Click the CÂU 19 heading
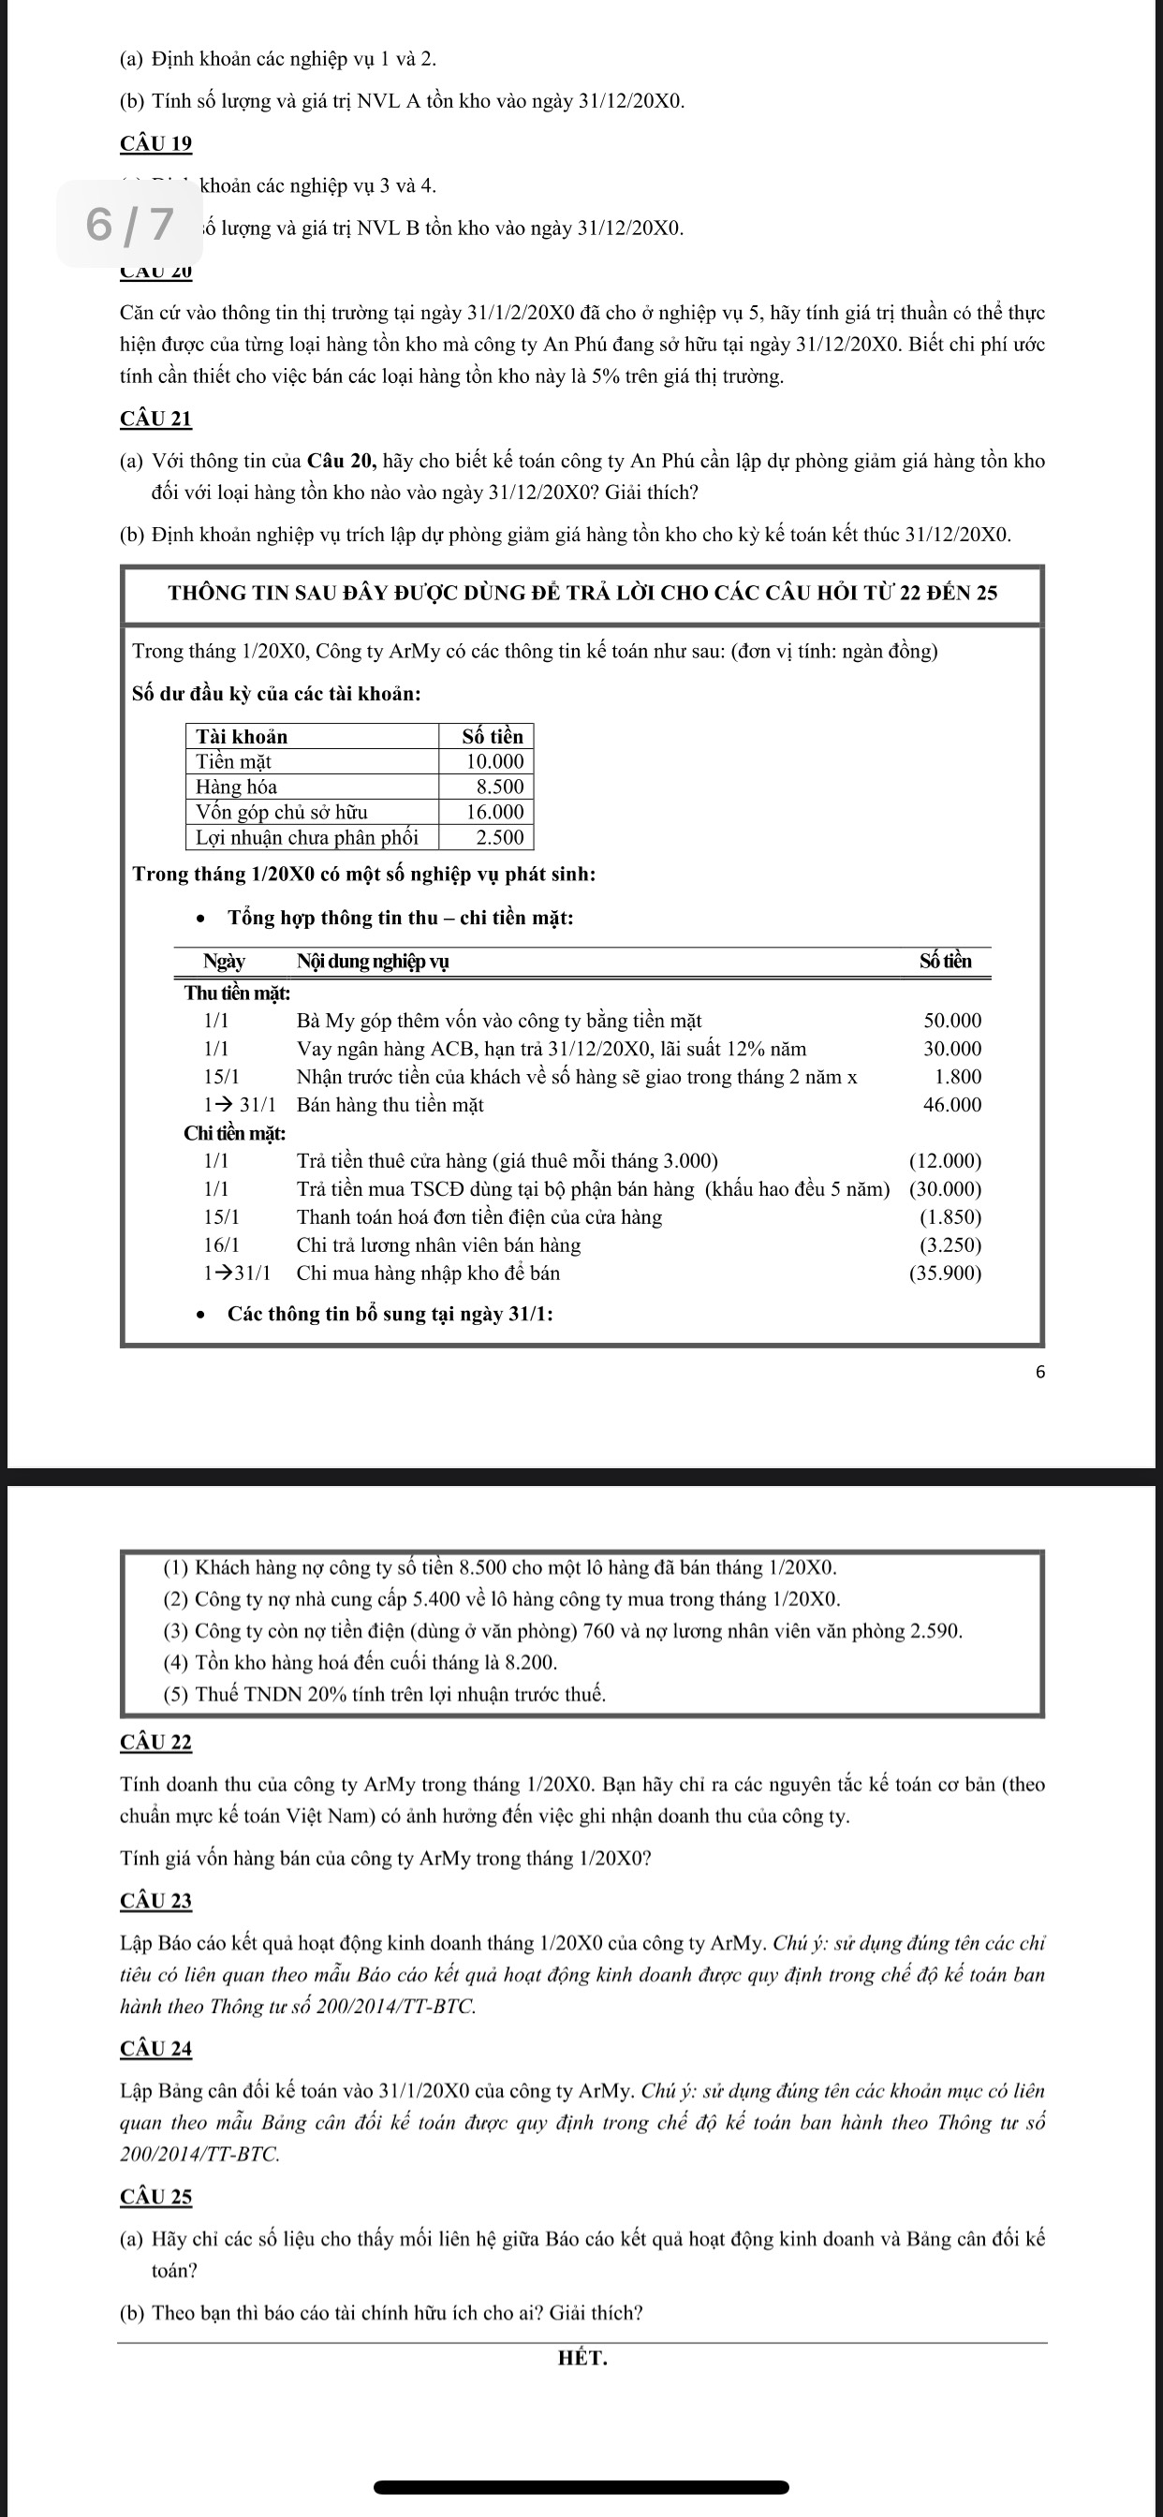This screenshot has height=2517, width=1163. tap(156, 143)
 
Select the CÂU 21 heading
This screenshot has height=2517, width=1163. tap(156, 419)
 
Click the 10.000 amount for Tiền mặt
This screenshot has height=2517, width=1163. tap(493, 761)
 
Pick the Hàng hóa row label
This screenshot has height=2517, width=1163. tap(237, 787)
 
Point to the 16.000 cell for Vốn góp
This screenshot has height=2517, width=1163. tap(493, 812)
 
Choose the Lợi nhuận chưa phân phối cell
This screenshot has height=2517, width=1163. tap(307, 837)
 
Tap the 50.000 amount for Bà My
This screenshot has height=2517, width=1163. tap(952, 1021)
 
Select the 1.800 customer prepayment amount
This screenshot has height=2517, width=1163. tap(958, 1077)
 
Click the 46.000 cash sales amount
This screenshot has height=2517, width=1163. tap(952, 1105)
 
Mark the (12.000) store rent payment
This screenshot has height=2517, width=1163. tap(944, 1161)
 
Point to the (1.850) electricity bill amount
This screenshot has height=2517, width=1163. tap(950, 1217)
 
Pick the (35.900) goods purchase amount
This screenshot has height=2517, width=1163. tap(944, 1273)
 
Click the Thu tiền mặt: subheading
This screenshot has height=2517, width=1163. tap(238, 994)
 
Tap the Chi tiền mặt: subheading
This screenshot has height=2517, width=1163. tap(234, 1133)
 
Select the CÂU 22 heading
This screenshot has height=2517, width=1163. tap(156, 1743)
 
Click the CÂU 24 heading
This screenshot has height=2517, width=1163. tap(156, 2048)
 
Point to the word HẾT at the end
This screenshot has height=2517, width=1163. tap(582, 2358)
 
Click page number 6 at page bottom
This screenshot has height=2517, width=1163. tap(1039, 1372)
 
